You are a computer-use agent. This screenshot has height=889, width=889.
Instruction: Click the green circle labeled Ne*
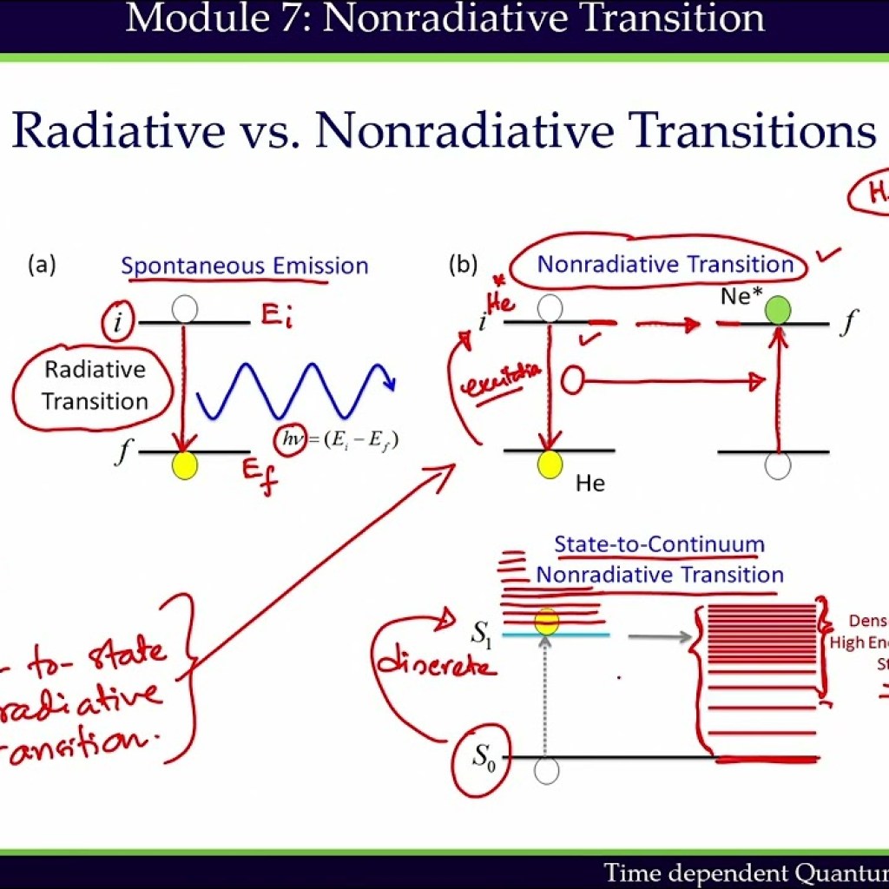point(778,310)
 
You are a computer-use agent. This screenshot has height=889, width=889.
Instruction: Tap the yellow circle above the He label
point(549,464)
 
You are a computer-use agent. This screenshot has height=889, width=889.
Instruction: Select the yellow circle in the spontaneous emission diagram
point(185,465)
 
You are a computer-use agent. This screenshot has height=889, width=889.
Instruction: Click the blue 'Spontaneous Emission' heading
point(245,266)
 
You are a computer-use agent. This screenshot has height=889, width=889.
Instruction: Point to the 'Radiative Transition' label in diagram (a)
point(95,385)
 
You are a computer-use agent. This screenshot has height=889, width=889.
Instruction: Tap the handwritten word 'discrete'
point(436,665)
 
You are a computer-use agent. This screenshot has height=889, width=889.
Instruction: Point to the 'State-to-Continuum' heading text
point(659,545)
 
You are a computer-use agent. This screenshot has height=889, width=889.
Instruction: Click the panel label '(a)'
point(43,264)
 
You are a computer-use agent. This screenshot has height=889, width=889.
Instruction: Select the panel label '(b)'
point(463,264)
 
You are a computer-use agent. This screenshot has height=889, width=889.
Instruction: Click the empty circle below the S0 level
point(546,771)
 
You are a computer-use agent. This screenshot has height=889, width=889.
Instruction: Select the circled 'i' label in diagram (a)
point(117,325)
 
